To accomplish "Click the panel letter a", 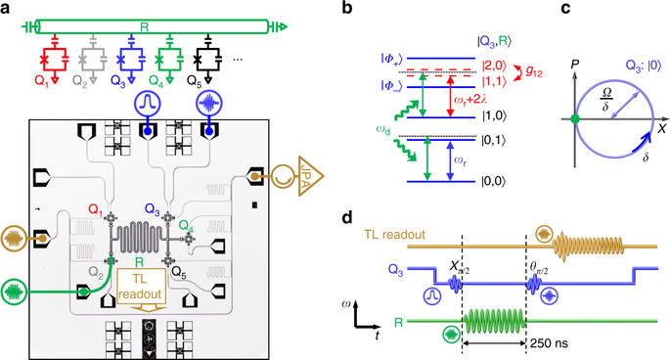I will [7, 8].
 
